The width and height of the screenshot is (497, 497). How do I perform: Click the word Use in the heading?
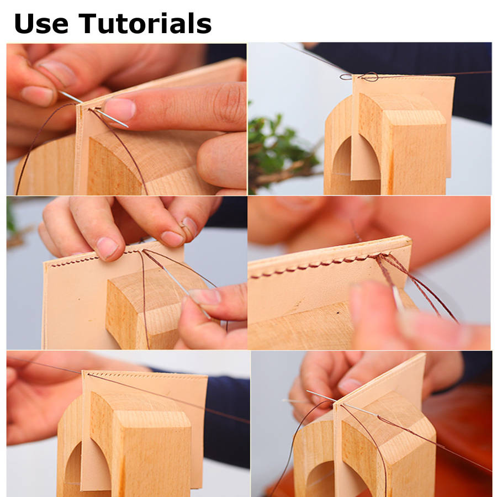[41, 23]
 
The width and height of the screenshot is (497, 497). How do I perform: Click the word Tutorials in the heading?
[145, 23]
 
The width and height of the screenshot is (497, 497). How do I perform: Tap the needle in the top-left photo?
[94, 109]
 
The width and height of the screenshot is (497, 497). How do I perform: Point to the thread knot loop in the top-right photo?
[369, 77]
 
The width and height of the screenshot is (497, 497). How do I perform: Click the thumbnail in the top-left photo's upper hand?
[37, 96]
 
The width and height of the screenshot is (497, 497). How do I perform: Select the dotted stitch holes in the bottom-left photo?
[146, 376]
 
